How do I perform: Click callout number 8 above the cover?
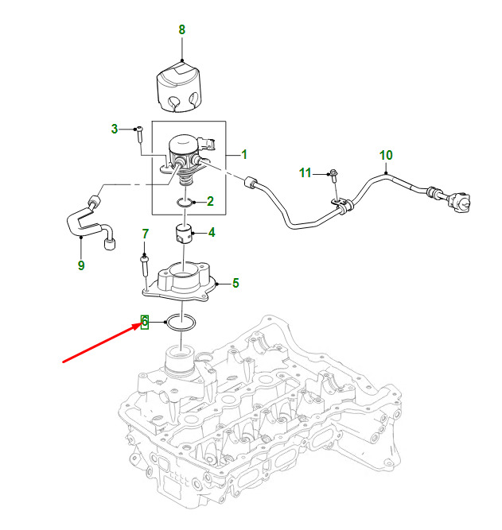pyautogui.click(x=181, y=29)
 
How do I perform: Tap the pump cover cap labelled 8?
pyautogui.click(x=179, y=87)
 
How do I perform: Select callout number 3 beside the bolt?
pyautogui.click(x=115, y=129)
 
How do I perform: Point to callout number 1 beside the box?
pyautogui.click(x=244, y=155)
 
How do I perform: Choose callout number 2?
pyautogui.click(x=210, y=202)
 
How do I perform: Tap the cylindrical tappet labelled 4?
pyautogui.click(x=184, y=234)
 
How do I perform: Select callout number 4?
pyautogui.click(x=212, y=233)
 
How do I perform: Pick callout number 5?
pyautogui.click(x=235, y=283)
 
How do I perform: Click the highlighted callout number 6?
pyautogui.click(x=145, y=322)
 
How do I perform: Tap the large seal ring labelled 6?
pyautogui.click(x=181, y=323)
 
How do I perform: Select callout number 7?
pyautogui.click(x=146, y=234)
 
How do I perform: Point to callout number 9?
pyautogui.click(x=81, y=265)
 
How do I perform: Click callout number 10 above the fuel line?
pyautogui.click(x=386, y=155)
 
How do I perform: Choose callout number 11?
pyautogui.click(x=305, y=173)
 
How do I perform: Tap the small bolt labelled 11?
pyautogui.click(x=333, y=176)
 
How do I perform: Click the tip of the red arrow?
pyautogui.click(x=141, y=324)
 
